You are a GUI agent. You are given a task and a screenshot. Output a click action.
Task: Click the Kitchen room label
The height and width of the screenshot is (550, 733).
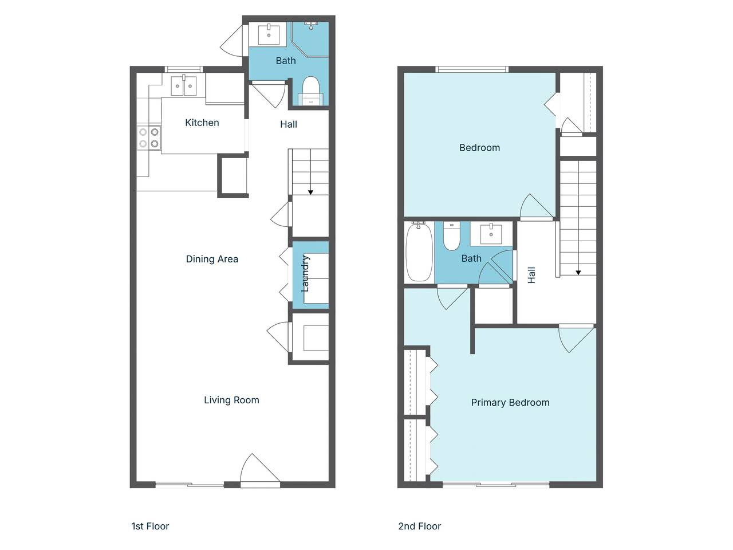[x=202, y=123]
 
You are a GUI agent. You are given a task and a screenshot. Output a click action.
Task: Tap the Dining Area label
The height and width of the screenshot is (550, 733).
[x=212, y=259]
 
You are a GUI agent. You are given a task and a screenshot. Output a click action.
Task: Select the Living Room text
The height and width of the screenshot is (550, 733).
[x=231, y=400]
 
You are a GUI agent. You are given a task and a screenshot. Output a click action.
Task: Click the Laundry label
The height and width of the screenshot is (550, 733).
[x=305, y=273]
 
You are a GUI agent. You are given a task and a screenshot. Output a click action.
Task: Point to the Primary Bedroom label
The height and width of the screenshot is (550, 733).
[x=510, y=402]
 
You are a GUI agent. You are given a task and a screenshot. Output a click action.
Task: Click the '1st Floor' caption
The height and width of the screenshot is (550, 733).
[x=150, y=526]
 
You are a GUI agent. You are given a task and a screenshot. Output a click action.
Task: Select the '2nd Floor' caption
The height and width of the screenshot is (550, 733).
[x=419, y=526]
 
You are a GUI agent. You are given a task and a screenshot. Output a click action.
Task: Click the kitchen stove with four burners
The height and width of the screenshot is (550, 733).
[x=148, y=137]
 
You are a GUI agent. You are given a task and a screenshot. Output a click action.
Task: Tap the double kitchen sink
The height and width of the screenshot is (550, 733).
[x=183, y=86]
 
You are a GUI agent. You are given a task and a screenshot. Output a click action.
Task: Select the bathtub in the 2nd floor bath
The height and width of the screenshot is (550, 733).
[x=419, y=252]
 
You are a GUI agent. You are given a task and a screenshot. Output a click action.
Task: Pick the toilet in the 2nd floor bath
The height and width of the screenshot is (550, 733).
[x=452, y=236]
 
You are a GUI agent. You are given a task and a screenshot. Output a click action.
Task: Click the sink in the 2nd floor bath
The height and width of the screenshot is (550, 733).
[x=491, y=233]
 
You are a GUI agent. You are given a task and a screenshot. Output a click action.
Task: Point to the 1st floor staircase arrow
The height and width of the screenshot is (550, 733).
[x=310, y=191]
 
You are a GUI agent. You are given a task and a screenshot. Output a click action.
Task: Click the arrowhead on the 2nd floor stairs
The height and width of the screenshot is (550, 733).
[x=578, y=272]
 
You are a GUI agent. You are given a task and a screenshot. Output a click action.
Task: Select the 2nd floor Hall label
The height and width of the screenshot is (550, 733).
[x=531, y=275]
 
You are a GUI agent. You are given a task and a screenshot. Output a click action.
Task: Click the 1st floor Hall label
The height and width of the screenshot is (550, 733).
[x=288, y=124]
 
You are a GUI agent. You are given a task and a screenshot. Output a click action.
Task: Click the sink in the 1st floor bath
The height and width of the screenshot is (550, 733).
[x=269, y=34]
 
